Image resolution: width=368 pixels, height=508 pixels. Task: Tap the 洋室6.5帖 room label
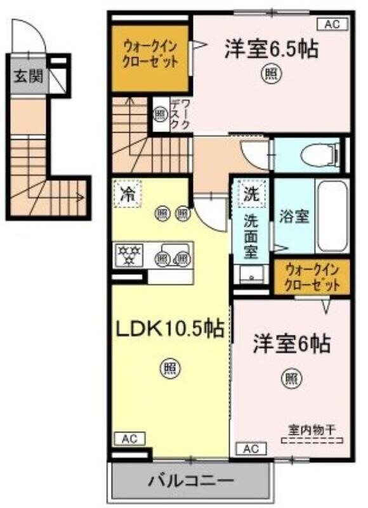(x=270, y=49)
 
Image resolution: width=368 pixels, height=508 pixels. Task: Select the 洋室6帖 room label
(x=291, y=344)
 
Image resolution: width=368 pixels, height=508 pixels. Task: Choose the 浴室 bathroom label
(x=294, y=215)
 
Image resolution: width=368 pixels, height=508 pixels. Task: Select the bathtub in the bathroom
(x=331, y=216)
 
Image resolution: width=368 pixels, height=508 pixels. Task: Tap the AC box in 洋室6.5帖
(x=332, y=25)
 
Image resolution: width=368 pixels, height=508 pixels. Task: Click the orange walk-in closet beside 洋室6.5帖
(x=151, y=57)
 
